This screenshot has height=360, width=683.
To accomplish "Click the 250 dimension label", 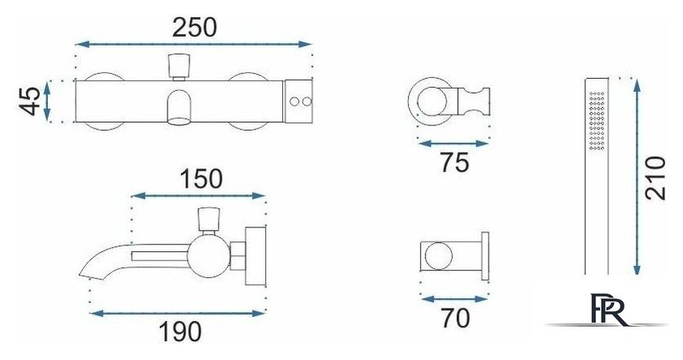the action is coord(194,28).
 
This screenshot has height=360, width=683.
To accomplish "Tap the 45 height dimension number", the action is coord(31,102).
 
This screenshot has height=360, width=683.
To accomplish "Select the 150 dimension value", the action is coord(202,179).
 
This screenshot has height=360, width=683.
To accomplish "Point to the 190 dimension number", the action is coord(180,332).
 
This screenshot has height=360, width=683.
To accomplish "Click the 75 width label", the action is coord(455,163).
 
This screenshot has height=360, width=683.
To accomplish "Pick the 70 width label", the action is coord(455,318).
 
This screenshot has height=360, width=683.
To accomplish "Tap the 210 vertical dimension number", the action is coord(655,178).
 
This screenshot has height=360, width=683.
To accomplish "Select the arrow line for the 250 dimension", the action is coord(194,44).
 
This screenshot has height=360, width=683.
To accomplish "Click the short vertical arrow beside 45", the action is coord(47,102).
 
